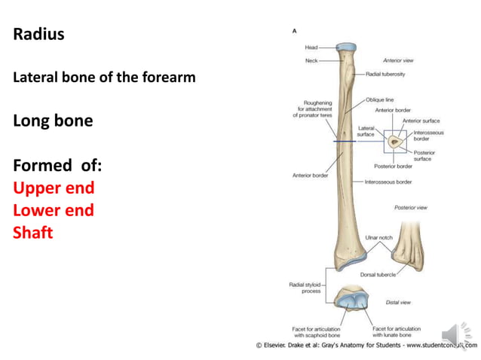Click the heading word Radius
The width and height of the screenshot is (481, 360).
click(38, 35)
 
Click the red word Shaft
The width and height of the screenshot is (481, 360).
click(33, 233)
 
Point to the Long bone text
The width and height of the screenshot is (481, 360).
click(53, 121)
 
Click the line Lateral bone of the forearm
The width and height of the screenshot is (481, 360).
click(104, 78)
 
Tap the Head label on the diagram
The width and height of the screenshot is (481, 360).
click(311, 47)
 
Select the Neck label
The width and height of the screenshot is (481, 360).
click(311, 59)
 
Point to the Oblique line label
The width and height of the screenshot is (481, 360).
click(379, 99)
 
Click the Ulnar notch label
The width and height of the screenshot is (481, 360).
click(378, 237)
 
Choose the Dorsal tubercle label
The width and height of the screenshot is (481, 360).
click(378, 275)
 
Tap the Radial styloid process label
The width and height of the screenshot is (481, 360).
click(305, 288)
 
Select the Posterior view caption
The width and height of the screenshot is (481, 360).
click(410, 207)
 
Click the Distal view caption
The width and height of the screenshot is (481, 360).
click(398, 303)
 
